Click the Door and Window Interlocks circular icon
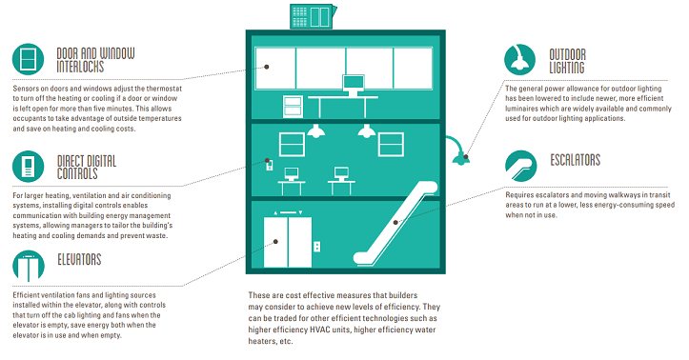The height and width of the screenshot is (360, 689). pos(29,59)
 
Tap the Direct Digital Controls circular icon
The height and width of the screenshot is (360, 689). pos(29,167)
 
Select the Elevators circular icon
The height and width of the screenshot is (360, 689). pos(29,266)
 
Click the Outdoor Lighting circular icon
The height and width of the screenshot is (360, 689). pos(519,59)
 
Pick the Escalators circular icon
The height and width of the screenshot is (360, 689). pos(521,166)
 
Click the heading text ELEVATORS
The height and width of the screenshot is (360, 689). pos(79,259)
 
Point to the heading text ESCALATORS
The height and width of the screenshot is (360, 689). pos(576,160)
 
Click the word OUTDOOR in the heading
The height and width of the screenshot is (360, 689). pos(567,54)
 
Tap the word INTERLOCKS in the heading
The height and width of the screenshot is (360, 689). pos(80,67)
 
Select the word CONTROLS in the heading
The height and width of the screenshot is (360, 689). pos(77,174)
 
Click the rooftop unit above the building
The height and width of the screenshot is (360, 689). pos(313,16)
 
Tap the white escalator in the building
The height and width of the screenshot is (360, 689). pos(395,223)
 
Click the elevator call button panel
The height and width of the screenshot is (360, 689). pos(316,247)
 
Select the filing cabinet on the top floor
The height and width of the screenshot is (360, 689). pos(293,107)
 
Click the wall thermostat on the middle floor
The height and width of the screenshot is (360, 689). pos(270,165)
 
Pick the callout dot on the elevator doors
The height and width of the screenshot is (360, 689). pos(275,242)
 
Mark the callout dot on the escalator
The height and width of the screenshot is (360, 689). pos(395,223)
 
